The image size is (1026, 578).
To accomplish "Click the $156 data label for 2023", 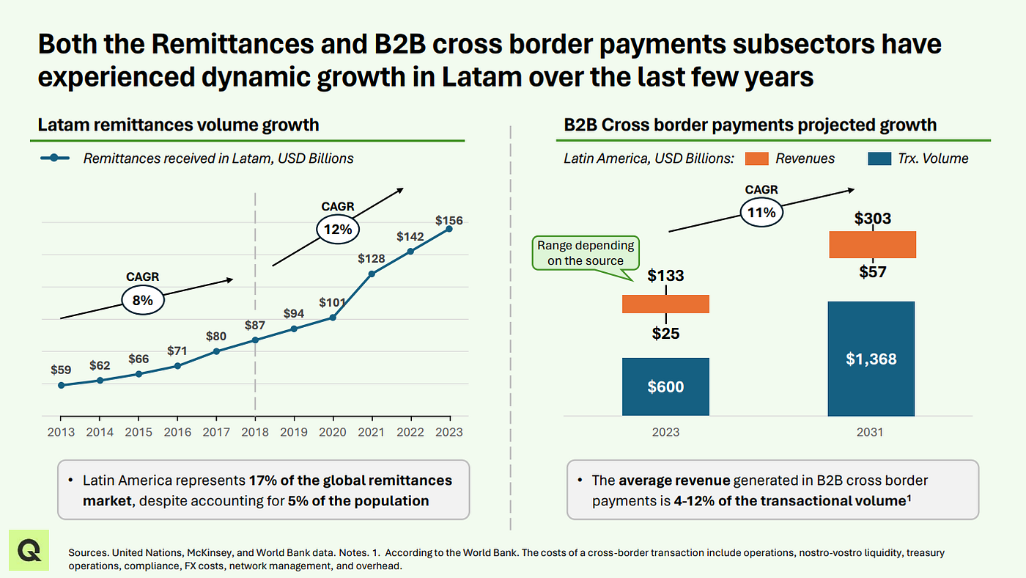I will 449,220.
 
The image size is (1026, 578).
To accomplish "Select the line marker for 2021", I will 372,274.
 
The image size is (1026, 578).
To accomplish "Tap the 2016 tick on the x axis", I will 177,432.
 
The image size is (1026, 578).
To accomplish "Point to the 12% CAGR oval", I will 339,229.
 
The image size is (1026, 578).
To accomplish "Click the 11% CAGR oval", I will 761,213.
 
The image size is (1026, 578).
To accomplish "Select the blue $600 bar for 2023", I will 665,387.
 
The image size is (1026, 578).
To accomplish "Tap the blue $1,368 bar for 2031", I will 871,359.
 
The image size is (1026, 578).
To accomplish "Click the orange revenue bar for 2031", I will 872,244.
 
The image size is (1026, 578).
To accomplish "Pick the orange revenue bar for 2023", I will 665,304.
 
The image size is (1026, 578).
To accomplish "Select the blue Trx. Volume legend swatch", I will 878,158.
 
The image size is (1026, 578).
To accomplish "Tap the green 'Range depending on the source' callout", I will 585,253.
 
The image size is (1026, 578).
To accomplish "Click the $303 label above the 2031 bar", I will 873,219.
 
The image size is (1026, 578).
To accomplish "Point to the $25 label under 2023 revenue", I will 665,334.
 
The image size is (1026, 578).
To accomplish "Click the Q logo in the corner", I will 29,549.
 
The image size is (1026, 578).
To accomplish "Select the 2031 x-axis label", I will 870,432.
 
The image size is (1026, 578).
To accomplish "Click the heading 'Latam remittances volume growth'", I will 179,125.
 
